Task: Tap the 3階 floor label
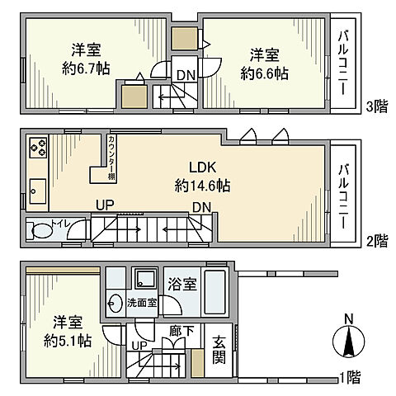376,106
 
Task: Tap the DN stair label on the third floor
185,77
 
